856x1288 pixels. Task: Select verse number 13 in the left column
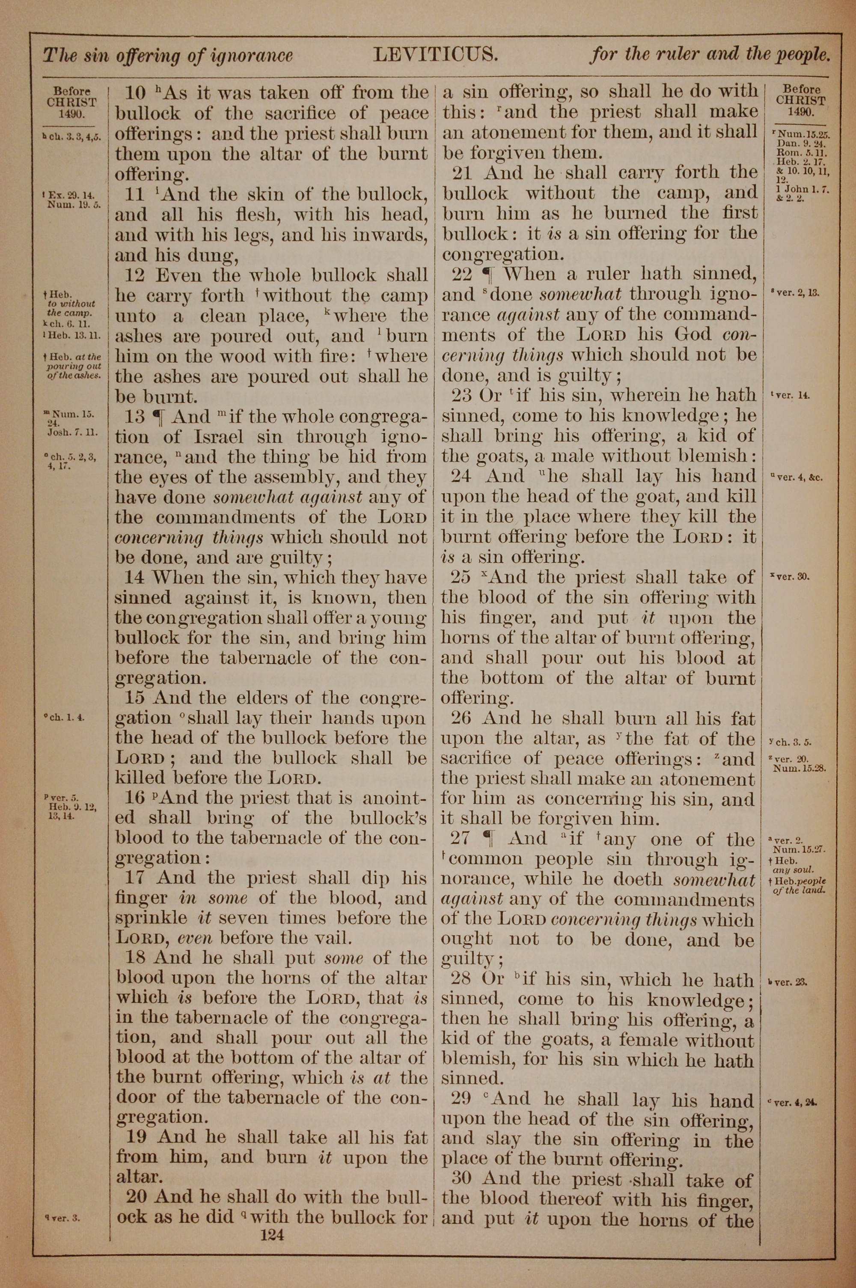click(134, 417)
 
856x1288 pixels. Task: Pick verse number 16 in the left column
click(135, 798)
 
